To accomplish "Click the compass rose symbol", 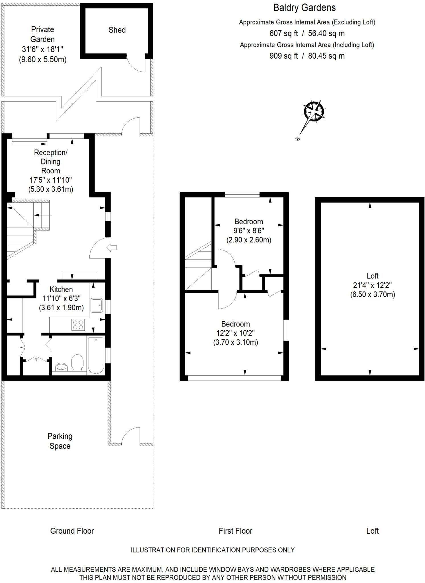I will [314, 111].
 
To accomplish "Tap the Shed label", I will [117, 30].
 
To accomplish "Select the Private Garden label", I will [43, 34].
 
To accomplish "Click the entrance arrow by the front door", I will [112, 248].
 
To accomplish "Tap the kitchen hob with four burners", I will [78, 325].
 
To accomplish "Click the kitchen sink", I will [97, 305].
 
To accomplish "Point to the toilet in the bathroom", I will [77, 362].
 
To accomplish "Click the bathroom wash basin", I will [61, 367].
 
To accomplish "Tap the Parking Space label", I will [60, 441].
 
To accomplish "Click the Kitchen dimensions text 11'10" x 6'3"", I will [61, 298].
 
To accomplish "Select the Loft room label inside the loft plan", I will [372, 276].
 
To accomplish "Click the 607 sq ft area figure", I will [284, 33].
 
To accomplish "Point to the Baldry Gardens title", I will [304, 8].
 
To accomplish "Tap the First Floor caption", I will [235, 531].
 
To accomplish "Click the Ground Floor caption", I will [72, 531].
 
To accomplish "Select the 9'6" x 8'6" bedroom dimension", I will [249, 231].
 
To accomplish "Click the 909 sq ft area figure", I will [284, 56].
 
